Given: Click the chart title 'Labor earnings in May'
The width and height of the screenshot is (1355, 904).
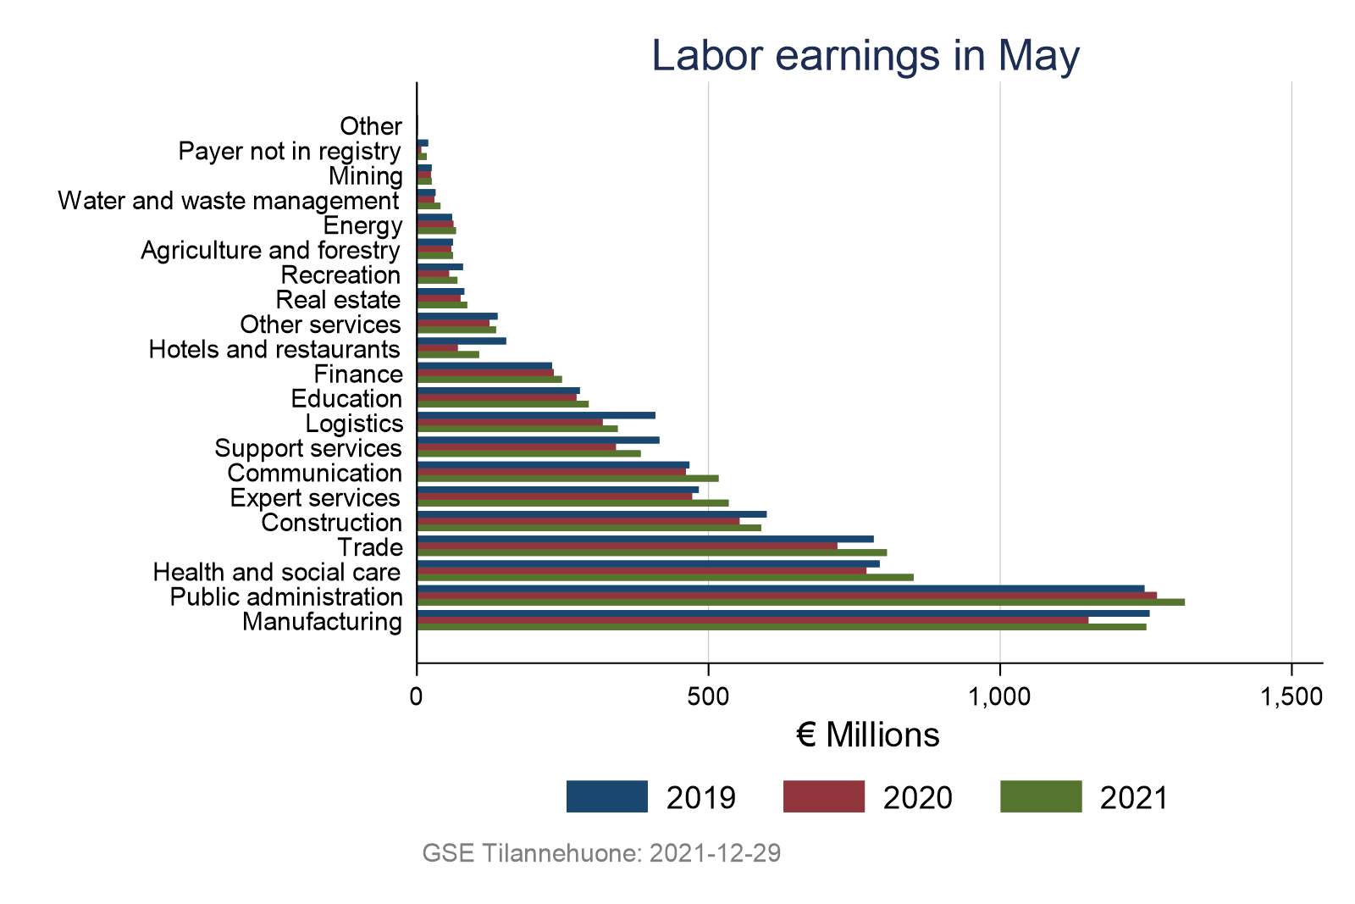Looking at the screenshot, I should click(x=866, y=56).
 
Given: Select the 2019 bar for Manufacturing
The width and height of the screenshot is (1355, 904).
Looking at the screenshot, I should click(x=783, y=613).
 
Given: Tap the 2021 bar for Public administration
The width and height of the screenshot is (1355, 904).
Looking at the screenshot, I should click(x=800, y=602).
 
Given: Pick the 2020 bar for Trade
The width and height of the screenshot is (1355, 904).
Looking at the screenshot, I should click(x=627, y=546).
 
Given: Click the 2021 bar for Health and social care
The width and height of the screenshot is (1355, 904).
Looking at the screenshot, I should click(x=665, y=578).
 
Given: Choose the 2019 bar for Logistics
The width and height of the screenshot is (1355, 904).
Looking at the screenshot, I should click(x=535, y=415).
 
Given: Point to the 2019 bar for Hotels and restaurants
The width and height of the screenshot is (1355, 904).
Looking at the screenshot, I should click(x=462, y=341).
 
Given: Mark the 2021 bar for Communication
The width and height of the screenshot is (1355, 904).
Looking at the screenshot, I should click(x=567, y=479).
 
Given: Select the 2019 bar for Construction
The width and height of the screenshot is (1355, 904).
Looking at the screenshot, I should click(x=591, y=514).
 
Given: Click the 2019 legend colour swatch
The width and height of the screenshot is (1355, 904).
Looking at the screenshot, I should click(x=606, y=797).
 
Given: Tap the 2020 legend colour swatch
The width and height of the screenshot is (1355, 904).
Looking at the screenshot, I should click(x=823, y=797).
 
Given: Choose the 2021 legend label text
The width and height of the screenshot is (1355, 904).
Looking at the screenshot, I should click(x=1134, y=798).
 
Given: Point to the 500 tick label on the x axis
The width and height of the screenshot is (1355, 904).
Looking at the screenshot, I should click(x=708, y=696).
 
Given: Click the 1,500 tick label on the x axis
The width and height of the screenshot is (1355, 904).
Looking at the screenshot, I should click(x=1291, y=696).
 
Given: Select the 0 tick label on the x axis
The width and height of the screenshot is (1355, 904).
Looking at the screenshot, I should click(x=417, y=696).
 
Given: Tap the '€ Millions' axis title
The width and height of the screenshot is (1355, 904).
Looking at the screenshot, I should click(x=868, y=735).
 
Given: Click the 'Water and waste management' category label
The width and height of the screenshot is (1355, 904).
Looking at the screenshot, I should click(x=229, y=202).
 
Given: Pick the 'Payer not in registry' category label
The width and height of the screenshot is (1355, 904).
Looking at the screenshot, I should click(x=290, y=152).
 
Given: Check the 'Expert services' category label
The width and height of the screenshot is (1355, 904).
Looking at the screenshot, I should click(x=315, y=498).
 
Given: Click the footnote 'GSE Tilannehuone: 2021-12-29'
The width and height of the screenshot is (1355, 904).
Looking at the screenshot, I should click(x=601, y=853).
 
